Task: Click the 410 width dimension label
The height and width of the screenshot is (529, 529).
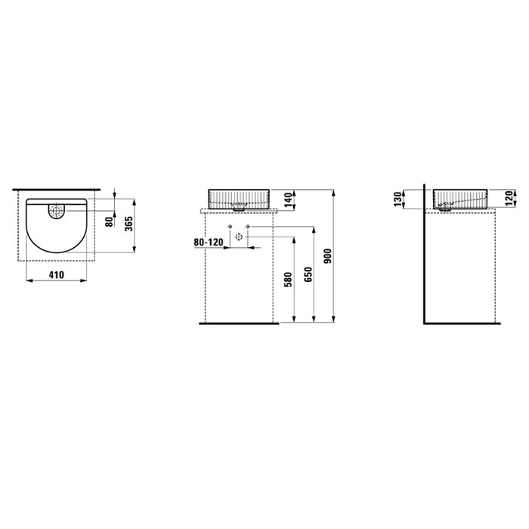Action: point(57,275)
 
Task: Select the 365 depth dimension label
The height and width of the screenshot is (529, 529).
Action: point(129,224)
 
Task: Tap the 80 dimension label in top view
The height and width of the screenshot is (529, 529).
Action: point(109,221)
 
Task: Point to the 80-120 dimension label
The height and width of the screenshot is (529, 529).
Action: point(209,243)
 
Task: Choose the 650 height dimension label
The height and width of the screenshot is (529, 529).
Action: point(308,274)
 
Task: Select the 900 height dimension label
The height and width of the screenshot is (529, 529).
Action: point(328,256)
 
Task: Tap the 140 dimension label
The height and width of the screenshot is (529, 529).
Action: point(289,200)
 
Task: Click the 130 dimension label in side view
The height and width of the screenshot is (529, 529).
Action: point(398,199)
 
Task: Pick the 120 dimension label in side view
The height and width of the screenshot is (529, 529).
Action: point(509,198)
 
